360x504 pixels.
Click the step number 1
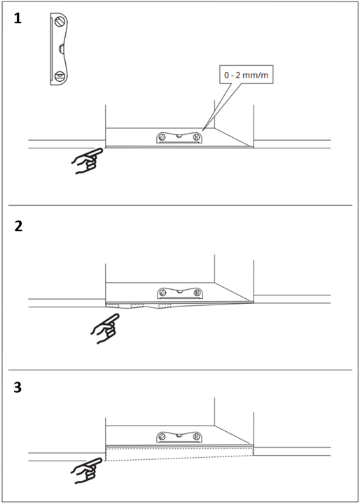click(x=18, y=19)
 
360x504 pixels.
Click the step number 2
click(x=19, y=227)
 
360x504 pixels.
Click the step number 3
click(x=18, y=388)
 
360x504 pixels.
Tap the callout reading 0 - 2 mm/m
click(x=247, y=76)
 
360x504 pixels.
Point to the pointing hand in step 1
click(x=87, y=160)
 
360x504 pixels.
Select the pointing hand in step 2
click(x=105, y=328)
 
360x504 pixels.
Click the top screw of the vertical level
click(x=60, y=22)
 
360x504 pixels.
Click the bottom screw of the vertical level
click(x=60, y=77)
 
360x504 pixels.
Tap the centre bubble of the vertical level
click(x=61, y=49)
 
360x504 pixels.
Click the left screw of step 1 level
click(x=162, y=137)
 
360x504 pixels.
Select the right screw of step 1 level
click(x=196, y=137)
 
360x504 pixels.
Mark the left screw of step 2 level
click(x=163, y=293)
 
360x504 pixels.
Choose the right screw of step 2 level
click(x=197, y=293)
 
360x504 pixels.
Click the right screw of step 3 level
click(x=196, y=437)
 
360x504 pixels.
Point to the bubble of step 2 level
click(x=180, y=291)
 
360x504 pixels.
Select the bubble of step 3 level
click(x=179, y=435)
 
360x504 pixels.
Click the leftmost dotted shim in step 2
click(x=113, y=305)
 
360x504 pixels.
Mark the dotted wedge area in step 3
click(x=179, y=454)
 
